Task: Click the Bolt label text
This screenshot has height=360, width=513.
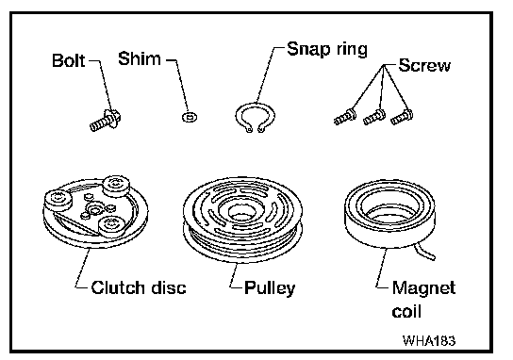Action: click(69, 61)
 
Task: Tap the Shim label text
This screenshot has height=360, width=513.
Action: click(140, 58)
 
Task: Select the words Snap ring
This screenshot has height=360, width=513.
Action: click(327, 50)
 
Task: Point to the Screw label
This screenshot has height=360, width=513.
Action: click(424, 65)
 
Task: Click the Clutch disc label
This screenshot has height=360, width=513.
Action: click(139, 287)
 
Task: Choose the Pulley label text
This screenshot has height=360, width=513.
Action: click(270, 288)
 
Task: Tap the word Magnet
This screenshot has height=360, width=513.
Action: click(423, 287)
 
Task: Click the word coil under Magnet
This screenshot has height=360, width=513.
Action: click(406, 311)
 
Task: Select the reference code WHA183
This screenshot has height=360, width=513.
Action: click(429, 341)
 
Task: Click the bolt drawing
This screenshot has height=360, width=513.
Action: click(106, 121)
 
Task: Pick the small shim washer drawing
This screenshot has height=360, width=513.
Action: click(190, 117)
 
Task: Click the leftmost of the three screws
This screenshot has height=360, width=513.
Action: click(344, 118)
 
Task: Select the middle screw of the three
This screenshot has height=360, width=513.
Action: click(374, 118)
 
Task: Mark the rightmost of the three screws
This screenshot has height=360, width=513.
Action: click(402, 118)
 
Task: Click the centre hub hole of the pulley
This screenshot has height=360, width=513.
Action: click(240, 213)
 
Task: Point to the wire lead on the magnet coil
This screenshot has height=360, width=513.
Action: click(424, 253)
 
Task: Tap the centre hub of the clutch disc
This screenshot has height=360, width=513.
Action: click(95, 209)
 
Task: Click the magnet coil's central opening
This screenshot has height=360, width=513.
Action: click(390, 209)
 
